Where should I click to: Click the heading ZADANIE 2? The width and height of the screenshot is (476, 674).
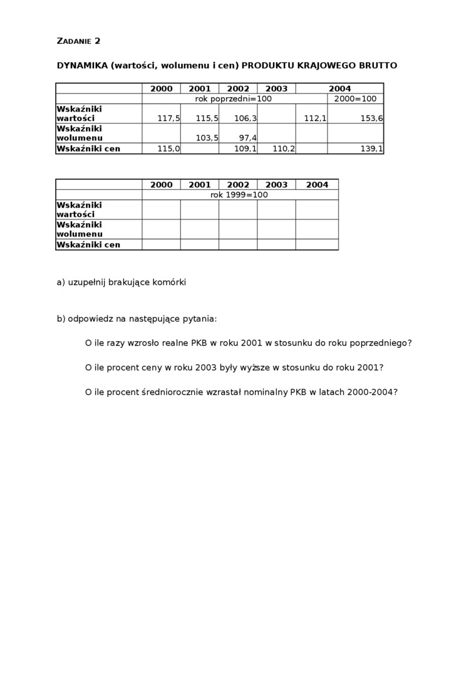point(78,41)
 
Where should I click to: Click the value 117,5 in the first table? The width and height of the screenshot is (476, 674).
point(168,118)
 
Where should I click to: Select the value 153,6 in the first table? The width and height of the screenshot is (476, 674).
point(371,118)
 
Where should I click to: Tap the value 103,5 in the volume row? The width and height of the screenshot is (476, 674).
point(207,138)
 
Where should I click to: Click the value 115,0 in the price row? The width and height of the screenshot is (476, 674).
point(168,149)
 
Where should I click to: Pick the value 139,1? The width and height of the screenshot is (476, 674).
point(371,149)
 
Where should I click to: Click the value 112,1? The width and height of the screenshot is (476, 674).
point(315,118)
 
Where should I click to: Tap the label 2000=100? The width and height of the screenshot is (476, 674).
point(355,99)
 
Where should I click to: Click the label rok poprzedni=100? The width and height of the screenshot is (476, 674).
point(233,99)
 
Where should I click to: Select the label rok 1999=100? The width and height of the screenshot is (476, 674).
point(239,195)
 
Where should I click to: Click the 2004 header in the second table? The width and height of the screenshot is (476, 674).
point(317,185)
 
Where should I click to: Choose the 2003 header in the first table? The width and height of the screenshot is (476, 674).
point(276,89)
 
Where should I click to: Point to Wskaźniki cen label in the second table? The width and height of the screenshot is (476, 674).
point(88,245)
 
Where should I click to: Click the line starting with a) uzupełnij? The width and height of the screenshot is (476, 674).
point(122,282)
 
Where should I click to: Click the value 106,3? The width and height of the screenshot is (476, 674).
point(246,118)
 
